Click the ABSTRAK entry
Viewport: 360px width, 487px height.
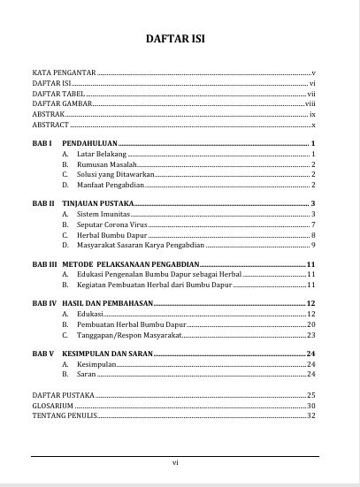coord(48,115)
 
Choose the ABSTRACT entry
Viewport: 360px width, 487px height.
coord(50,126)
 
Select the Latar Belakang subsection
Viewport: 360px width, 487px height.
coord(97,154)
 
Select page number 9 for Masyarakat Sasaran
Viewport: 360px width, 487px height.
coord(313,245)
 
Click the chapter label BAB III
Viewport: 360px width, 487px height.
coord(45,264)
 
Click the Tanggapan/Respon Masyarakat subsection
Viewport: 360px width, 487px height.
coord(129,335)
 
